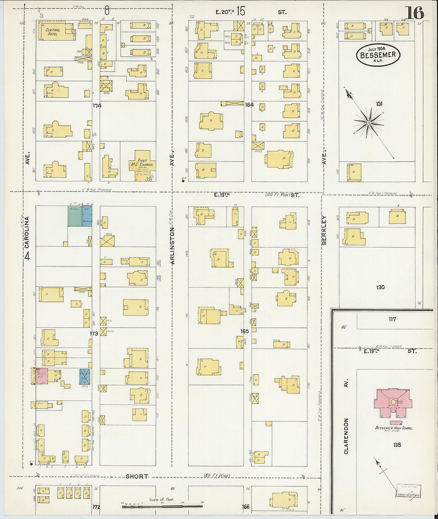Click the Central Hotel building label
(x=53, y=32)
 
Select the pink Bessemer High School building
(x=393, y=403)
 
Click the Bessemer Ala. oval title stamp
(x=378, y=55)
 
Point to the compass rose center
(x=369, y=123)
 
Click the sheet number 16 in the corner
(x=415, y=13)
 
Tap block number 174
(x=97, y=106)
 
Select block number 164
(x=249, y=105)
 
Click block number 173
(x=94, y=334)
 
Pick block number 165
(x=244, y=331)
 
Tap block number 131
(x=379, y=104)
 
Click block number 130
(x=380, y=287)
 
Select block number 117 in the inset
(x=392, y=319)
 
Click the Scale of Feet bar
(x=162, y=506)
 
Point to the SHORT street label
(x=137, y=476)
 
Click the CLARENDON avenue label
(x=346, y=436)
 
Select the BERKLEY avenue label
(x=324, y=230)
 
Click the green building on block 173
(x=74, y=216)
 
